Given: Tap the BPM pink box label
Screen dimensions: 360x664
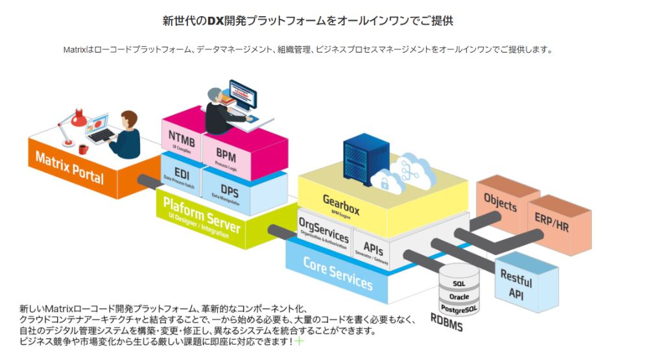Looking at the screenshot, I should click(226, 156).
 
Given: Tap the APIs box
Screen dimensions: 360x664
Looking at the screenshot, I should click(373, 250).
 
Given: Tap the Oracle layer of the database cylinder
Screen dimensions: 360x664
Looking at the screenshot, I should click(458, 296).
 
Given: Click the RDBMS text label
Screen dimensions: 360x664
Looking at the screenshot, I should click(447, 322).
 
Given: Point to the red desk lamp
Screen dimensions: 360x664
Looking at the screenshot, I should click(77, 120).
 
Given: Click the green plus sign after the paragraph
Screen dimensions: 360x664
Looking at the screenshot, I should click(300, 341).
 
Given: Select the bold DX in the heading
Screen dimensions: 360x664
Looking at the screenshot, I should click(215, 21).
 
